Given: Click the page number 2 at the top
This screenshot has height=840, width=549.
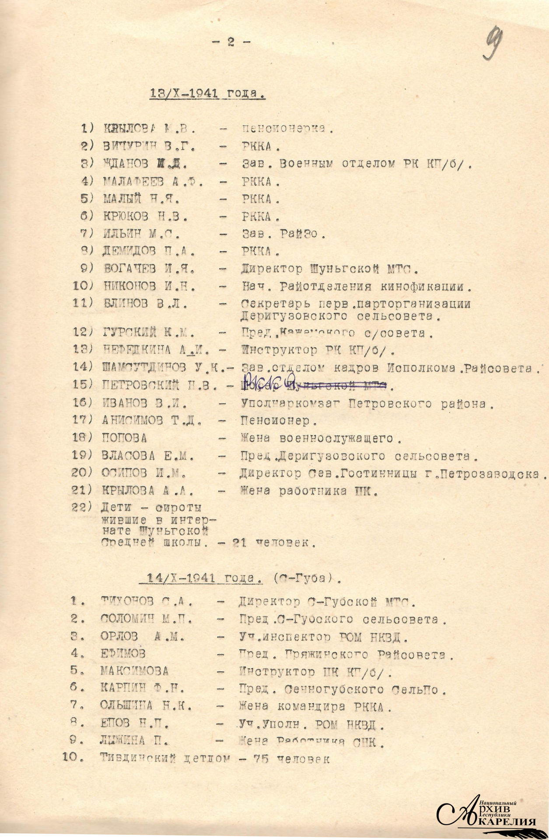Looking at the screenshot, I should (x=231, y=42).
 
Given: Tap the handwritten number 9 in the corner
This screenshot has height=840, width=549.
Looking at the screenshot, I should (x=493, y=45).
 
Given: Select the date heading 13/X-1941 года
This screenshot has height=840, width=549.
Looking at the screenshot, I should (x=207, y=94).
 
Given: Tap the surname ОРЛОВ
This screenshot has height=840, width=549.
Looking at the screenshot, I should (x=119, y=637).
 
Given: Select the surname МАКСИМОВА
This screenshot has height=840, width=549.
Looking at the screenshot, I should (x=134, y=671).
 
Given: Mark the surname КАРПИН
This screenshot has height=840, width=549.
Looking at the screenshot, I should (x=123, y=689).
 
